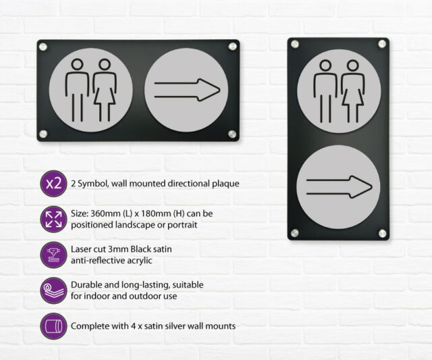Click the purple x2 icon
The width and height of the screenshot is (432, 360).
pos(54,183)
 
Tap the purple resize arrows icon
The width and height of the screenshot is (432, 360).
pos(54,219)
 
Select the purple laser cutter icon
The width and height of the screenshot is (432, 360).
pos(54,255)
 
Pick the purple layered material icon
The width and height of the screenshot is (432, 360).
pos(54,290)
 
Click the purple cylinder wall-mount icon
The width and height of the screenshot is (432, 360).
pos(54,326)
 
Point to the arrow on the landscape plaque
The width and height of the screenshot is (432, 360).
pos(187,90)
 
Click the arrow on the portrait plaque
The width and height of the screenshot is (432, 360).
pos(339,187)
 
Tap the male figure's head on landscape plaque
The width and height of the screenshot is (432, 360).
pos(77,64)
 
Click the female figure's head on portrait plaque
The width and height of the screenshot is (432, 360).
pos(352,66)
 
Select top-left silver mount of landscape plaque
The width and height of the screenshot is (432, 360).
pos(43,47)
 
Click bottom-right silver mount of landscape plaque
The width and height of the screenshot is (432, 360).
pos(232,134)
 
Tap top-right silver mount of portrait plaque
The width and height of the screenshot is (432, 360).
pos(382,44)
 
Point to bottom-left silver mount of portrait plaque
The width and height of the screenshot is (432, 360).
pos(295,233)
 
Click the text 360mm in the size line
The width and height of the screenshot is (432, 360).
pos(102,213)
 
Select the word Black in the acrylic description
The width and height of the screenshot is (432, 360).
pos(142,249)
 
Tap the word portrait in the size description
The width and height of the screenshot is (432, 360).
pos(182,225)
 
